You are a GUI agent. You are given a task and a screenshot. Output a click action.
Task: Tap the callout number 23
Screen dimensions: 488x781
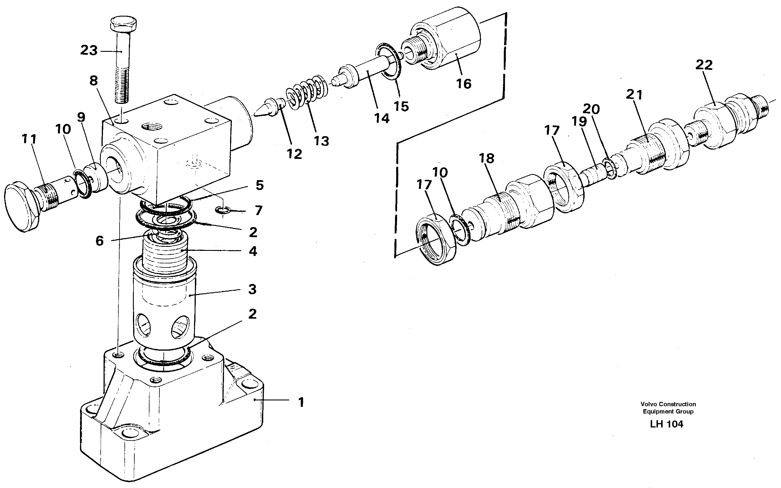click(x=89, y=50)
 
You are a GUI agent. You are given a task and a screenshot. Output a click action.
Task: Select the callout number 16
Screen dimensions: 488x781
click(x=464, y=84)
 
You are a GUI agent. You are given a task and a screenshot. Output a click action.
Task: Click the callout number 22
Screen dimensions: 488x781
click(x=704, y=65)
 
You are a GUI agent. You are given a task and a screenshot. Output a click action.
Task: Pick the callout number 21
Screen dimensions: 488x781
click(x=634, y=95)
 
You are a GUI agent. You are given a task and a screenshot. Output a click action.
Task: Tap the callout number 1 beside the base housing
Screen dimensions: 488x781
click(x=301, y=402)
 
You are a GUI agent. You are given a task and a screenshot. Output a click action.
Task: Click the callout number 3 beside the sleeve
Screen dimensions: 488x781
click(x=252, y=289)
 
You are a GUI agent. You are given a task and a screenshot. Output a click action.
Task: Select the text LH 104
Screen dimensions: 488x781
click(x=666, y=424)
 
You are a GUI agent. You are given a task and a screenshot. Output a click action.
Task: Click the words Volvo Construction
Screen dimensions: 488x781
click(x=668, y=404)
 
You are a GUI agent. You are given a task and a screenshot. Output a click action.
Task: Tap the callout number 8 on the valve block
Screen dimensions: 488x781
click(x=94, y=81)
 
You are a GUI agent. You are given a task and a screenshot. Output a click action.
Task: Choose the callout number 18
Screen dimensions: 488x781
click(x=486, y=159)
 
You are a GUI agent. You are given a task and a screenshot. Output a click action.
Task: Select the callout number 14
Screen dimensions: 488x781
click(x=382, y=118)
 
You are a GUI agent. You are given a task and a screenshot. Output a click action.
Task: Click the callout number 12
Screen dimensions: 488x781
click(x=294, y=154)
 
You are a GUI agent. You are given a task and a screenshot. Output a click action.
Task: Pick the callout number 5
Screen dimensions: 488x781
click(x=260, y=185)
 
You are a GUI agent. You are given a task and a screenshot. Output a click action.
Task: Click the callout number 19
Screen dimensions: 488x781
click(x=579, y=122)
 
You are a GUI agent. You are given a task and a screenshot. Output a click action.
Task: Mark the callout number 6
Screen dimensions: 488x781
click(x=99, y=241)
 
